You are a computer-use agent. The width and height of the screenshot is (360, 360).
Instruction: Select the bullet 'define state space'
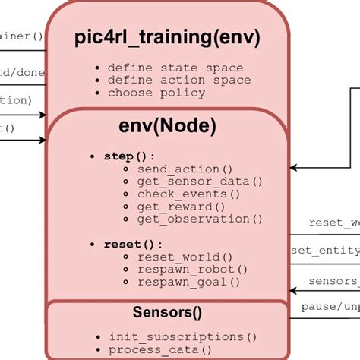click(x=175, y=68)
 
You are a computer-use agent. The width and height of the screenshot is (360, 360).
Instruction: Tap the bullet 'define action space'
click(x=178, y=80)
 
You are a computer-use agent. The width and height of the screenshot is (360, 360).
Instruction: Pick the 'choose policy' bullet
click(x=156, y=93)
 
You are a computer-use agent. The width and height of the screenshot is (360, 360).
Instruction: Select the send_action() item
click(x=185, y=169)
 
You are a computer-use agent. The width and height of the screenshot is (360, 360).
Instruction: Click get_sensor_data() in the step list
click(x=200, y=181)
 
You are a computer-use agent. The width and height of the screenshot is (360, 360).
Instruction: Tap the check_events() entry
click(x=188, y=194)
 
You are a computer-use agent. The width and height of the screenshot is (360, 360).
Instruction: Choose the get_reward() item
click(x=182, y=206)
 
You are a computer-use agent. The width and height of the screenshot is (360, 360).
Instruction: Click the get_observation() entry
click(x=200, y=219)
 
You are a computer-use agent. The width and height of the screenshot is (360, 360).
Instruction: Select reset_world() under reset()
click(x=185, y=257)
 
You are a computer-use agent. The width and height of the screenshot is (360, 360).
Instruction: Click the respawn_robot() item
click(x=192, y=269)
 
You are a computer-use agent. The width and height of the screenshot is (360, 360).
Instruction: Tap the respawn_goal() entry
click(x=188, y=282)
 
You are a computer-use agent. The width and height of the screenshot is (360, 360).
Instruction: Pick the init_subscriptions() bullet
click(x=182, y=336)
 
